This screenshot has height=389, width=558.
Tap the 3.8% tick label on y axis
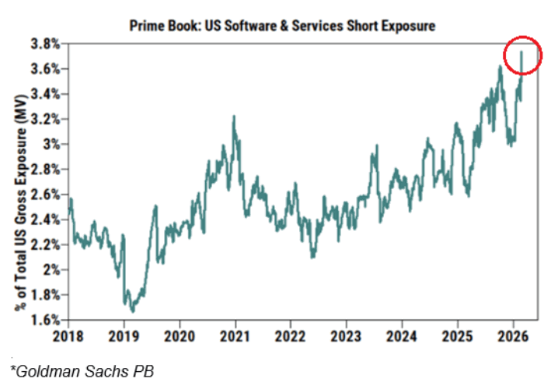click(46, 44)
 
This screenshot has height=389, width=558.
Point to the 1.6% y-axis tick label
click(46, 320)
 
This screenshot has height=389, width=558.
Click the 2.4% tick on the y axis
click(46, 219)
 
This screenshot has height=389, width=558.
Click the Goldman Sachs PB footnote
click(82, 371)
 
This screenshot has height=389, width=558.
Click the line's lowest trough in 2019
click(132, 311)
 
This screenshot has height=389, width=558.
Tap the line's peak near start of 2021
click(233, 117)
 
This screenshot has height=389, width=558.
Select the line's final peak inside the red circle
click(521, 52)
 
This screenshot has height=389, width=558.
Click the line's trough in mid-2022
click(312, 257)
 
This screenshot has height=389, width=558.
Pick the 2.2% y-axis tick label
click(46, 244)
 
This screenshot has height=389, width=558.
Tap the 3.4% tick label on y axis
click(46, 93)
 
